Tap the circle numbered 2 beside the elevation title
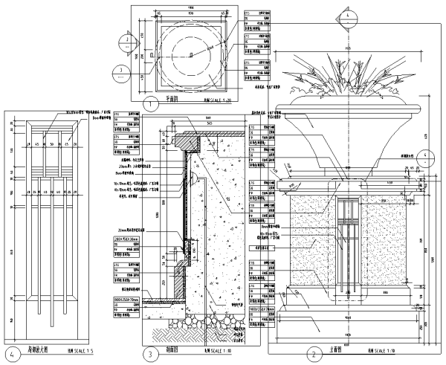click(x=314, y=354)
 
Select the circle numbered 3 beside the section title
click(x=151, y=354)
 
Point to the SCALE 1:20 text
click(x=219, y=97)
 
